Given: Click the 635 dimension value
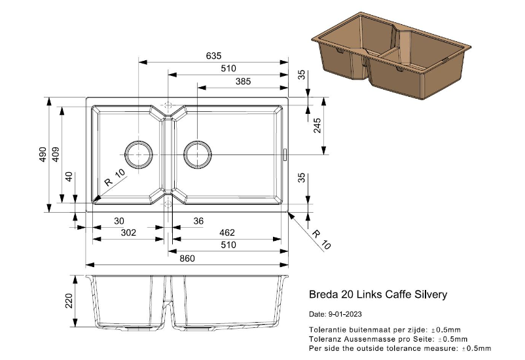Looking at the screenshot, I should (x=213, y=56).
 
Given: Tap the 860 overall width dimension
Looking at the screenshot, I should (x=187, y=259).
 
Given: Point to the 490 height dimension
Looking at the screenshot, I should (x=43, y=154).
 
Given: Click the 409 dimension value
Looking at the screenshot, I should (x=56, y=154).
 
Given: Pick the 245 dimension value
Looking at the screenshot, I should (x=317, y=126).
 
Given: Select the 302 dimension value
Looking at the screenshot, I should (x=128, y=232).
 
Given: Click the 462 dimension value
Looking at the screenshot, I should (x=226, y=232).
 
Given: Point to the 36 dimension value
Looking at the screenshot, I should (x=198, y=221).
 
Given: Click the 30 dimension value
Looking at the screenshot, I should (x=119, y=221).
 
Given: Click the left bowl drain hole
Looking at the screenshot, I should (x=139, y=154).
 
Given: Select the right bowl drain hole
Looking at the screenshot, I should (x=198, y=154).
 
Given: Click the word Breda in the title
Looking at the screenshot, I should (x=322, y=295).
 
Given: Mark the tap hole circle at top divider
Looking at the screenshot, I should (x=168, y=105).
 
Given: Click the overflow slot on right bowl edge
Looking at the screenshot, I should (x=285, y=154).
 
